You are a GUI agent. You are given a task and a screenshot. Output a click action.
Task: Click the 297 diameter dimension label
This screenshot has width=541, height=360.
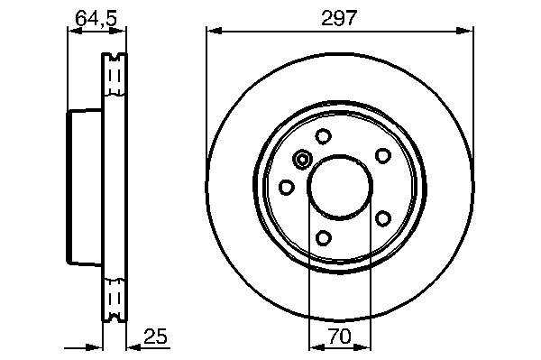tap(338, 18)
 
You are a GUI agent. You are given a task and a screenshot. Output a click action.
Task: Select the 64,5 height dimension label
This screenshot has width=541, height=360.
tap(96, 18)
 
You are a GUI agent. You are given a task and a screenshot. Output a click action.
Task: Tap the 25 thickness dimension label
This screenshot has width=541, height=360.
tap(155, 337)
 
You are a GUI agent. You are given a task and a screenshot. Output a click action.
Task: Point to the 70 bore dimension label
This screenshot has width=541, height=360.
tap(340, 337)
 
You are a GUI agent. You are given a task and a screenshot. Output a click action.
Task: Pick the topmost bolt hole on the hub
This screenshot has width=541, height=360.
tap(324, 136)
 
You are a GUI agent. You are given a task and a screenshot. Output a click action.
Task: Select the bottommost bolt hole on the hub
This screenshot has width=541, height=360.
tap(324, 237)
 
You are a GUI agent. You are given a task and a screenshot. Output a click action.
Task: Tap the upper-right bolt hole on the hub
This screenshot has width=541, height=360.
tap(382, 156)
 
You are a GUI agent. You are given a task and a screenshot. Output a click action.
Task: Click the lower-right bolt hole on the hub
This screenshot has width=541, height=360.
tap(383, 218)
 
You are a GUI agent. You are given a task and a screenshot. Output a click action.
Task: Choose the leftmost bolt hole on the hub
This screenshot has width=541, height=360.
tap(287, 187)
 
